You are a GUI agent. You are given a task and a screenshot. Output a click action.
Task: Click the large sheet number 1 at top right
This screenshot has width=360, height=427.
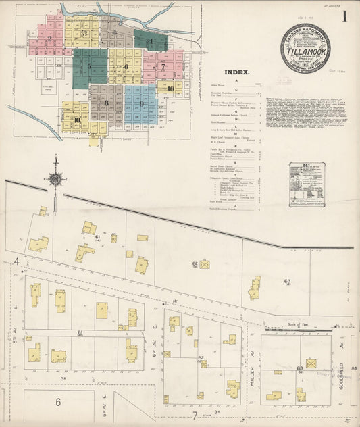tap(345, 17)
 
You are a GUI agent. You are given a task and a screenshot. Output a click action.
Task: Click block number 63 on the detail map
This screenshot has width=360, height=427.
tap(287, 280)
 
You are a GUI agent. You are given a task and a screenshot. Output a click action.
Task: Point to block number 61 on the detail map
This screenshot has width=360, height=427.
tap(98, 238)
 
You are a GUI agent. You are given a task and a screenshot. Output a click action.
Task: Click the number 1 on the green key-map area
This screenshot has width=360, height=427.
tap(151, 41)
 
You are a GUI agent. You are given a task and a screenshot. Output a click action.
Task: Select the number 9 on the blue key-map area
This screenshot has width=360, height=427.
tap(142, 103)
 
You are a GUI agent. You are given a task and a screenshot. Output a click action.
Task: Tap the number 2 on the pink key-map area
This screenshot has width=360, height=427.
tap(49, 39)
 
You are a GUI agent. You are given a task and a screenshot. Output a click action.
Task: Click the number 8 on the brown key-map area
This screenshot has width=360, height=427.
tap(106, 103)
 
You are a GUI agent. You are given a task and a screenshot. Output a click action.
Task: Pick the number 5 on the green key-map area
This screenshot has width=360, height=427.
tap(88, 66)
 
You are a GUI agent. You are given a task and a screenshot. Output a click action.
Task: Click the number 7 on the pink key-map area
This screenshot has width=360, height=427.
tap(163, 67)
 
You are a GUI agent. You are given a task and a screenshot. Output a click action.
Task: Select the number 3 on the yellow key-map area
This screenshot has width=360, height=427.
tap(84, 33)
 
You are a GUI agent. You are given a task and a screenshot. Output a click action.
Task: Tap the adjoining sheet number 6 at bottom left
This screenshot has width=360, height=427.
tap(58, 402)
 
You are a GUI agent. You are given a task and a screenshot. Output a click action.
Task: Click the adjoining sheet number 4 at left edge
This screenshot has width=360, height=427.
tap(16, 261)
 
